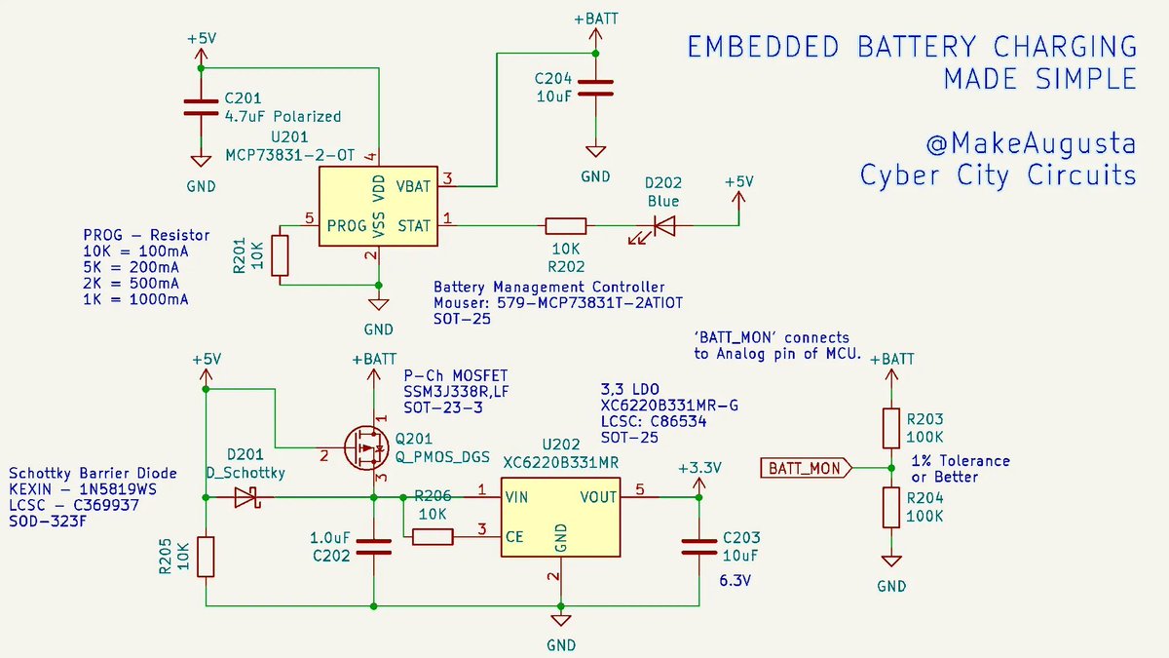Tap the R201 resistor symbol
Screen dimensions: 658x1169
click(x=282, y=255)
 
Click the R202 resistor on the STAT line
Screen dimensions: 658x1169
click(x=565, y=225)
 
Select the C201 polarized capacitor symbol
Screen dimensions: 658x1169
click(x=201, y=106)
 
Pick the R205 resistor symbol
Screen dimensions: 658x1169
click(x=206, y=556)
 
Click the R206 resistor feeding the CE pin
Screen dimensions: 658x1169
click(x=433, y=536)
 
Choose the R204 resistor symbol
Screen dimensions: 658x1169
click(x=890, y=507)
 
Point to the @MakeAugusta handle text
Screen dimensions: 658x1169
click(x=1030, y=144)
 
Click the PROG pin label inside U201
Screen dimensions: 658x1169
click(x=347, y=225)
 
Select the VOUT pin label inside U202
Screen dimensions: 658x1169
click(x=597, y=497)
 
